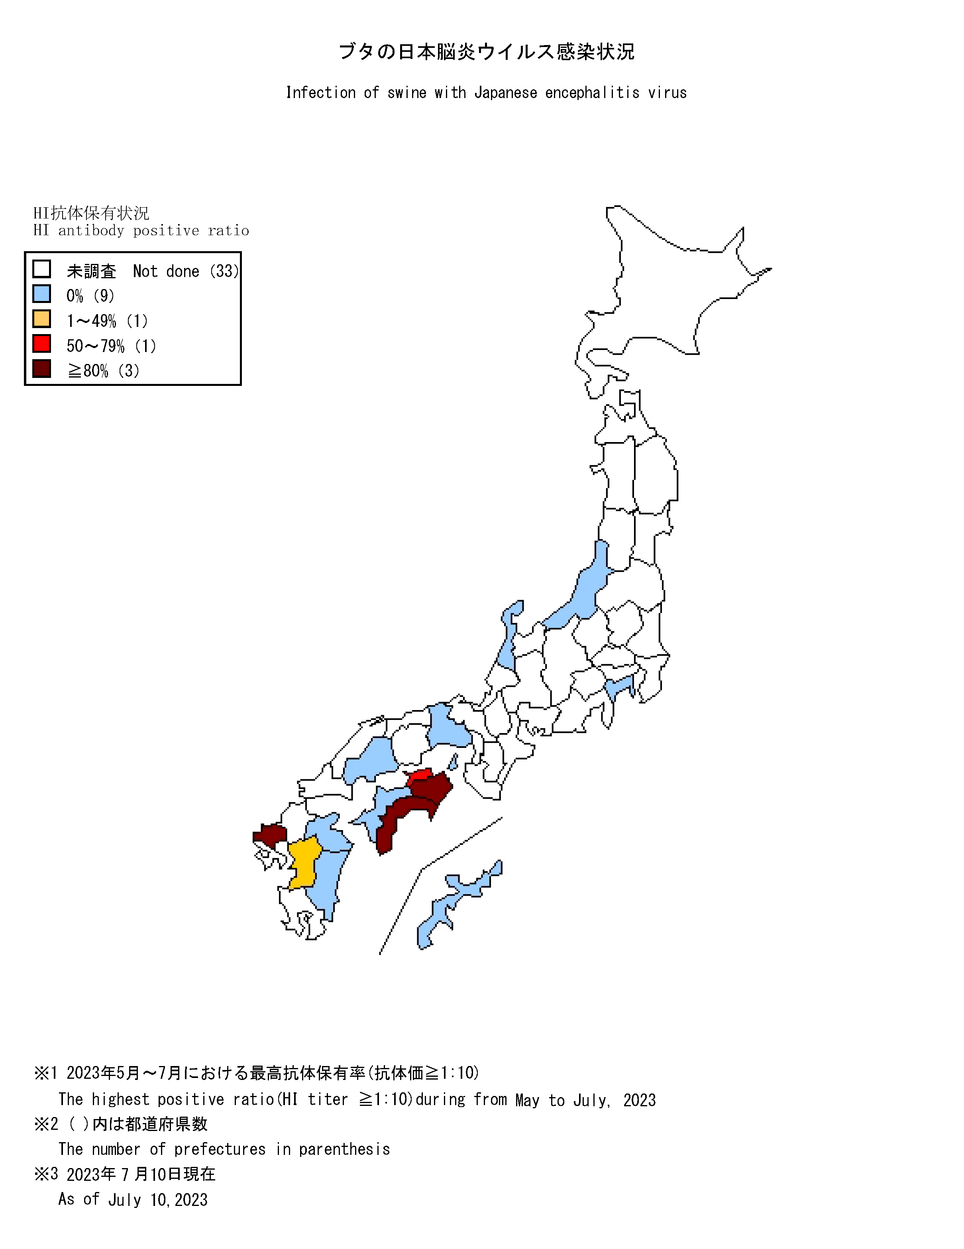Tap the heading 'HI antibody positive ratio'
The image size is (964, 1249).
point(141,230)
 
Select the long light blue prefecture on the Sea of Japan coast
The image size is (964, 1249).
point(583,595)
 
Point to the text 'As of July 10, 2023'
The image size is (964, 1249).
point(133,1199)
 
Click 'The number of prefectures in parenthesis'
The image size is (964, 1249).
point(224,1149)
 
